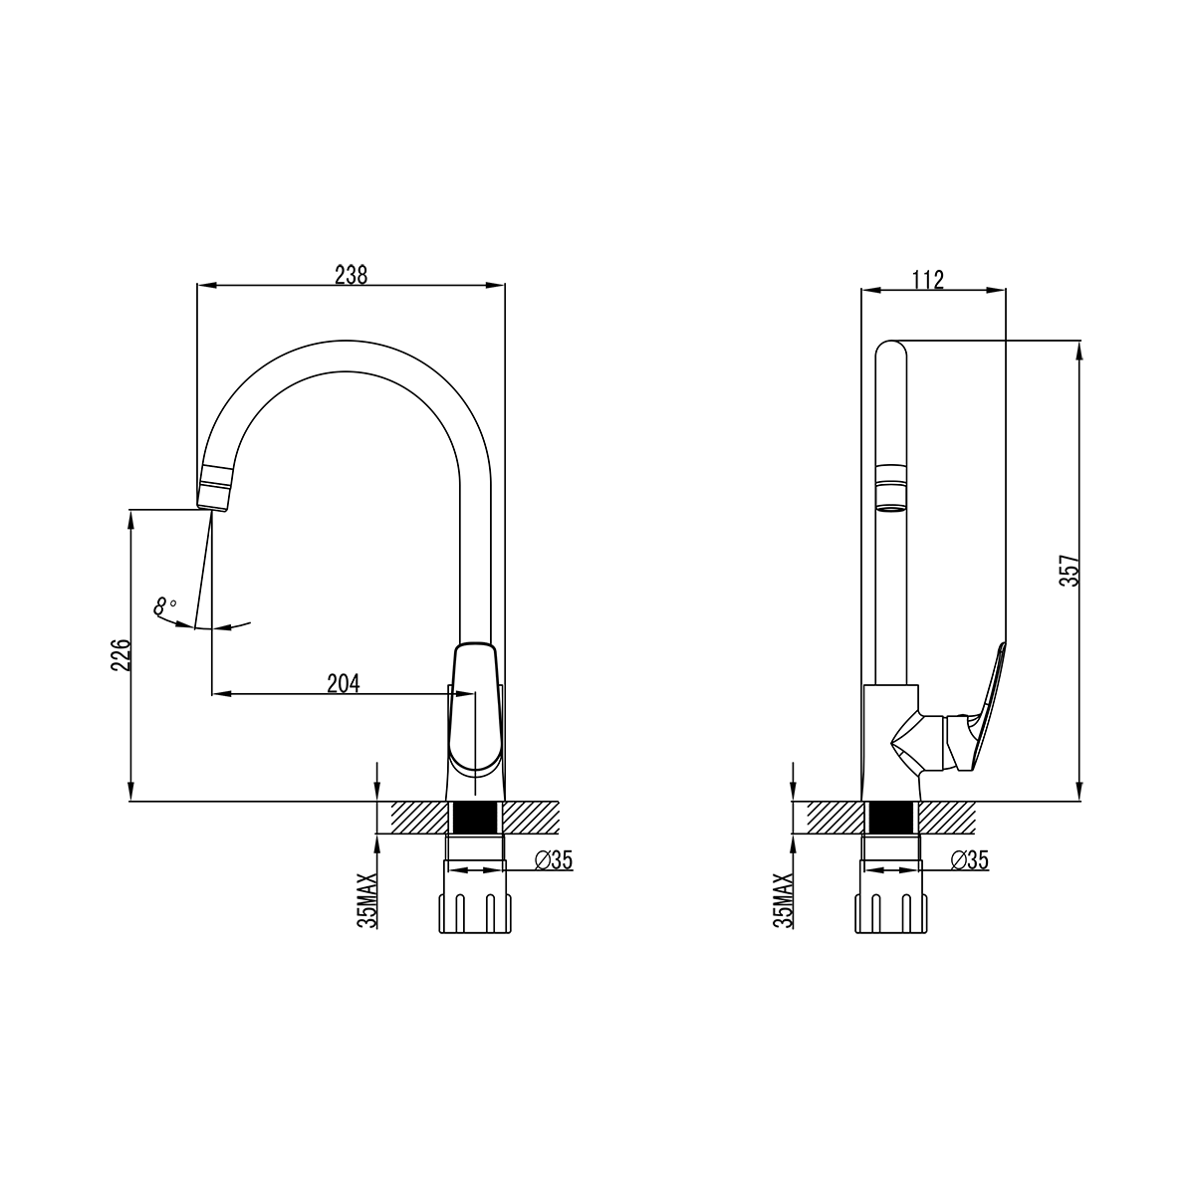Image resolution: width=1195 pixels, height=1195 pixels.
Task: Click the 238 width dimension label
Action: coord(351,275)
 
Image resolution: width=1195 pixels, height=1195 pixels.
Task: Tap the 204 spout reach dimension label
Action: coord(344,683)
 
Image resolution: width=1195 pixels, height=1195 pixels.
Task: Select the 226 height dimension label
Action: coord(120,655)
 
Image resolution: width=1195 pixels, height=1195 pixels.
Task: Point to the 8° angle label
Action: coord(165,605)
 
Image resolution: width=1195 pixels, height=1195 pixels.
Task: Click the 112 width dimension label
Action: coord(928,280)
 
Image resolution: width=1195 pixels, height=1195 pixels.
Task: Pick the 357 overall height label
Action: coord(1070,570)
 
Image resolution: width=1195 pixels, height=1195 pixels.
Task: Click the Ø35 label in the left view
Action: coord(553,860)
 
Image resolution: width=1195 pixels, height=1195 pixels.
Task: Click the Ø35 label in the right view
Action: coord(969,860)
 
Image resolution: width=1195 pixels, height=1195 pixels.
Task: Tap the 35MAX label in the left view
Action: coord(367,900)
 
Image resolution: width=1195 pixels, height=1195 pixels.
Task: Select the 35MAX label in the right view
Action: coord(784,900)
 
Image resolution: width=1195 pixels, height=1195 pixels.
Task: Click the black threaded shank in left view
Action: coord(476,817)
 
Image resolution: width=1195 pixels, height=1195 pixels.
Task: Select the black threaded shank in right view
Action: coord(891,817)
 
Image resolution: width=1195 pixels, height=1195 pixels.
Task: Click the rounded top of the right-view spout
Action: coord(891,350)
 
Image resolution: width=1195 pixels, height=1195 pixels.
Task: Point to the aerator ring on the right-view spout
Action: coord(891,482)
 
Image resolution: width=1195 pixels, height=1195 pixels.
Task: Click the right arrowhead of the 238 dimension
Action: coord(495,285)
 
